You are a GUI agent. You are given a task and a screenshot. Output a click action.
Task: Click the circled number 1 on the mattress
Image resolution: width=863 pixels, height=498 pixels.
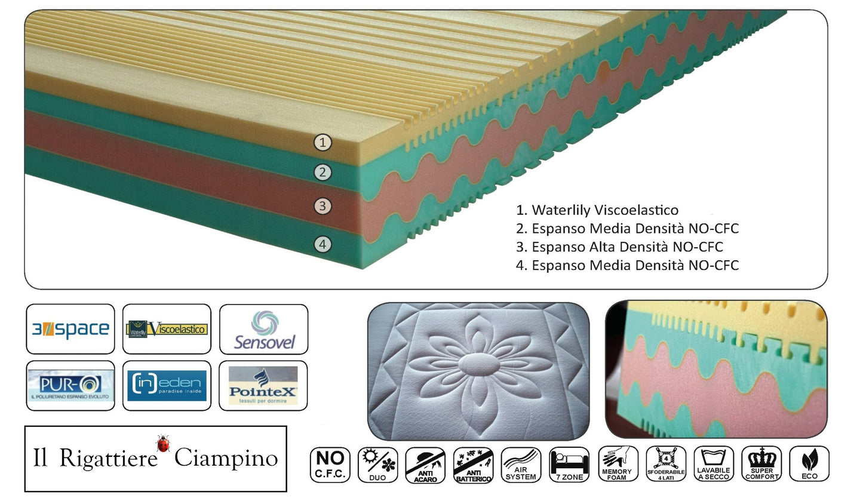click(x=323, y=143)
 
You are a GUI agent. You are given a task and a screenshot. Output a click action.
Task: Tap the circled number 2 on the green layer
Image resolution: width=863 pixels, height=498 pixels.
click(x=323, y=173)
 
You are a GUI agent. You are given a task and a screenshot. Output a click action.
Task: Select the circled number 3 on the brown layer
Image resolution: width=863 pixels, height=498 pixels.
click(x=323, y=207)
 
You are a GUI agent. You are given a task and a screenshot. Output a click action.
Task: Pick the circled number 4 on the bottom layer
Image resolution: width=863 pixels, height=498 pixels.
click(x=323, y=244)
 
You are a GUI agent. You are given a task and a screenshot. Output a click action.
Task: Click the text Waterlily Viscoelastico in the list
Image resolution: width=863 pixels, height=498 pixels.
click(x=604, y=210)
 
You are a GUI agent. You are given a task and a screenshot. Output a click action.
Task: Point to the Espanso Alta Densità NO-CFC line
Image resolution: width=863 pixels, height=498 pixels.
click(x=626, y=247)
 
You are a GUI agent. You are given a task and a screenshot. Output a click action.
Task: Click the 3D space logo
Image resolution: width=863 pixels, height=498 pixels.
click(x=70, y=329)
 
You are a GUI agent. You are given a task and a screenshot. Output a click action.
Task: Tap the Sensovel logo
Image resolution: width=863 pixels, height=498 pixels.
click(x=263, y=329)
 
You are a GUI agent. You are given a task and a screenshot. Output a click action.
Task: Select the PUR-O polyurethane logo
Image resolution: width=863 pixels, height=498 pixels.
click(x=70, y=386)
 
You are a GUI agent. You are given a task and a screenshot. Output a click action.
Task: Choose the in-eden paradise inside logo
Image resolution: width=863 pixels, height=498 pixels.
click(x=167, y=386)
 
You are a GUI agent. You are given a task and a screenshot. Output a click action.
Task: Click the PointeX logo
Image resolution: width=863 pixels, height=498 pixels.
click(x=263, y=386)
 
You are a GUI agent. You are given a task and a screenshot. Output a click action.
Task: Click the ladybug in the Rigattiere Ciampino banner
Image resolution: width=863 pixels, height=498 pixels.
click(x=162, y=444)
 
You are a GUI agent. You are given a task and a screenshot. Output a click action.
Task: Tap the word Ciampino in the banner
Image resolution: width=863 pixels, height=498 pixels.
click(x=226, y=459)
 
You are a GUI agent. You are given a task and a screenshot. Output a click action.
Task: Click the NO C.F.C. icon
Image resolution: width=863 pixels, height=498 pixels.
click(x=330, y=465)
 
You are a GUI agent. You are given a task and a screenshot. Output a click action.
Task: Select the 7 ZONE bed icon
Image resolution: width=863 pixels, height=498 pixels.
click(x=569, y=465)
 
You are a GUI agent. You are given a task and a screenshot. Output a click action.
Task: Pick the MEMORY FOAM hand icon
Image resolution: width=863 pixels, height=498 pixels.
click(x=617, y=465)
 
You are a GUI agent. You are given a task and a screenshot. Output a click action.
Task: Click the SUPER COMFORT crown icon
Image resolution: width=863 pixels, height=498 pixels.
click(x=761, y=465)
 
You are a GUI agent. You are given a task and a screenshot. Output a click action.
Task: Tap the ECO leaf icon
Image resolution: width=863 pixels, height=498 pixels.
click(x=809, y=465)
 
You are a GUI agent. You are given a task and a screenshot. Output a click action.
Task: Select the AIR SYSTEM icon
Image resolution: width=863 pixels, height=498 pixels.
click(x=521, y=465)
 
